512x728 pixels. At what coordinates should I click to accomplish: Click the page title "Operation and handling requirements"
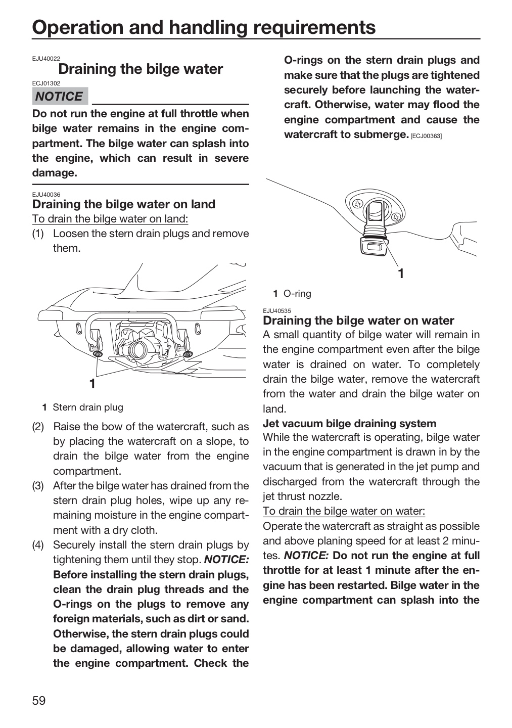click(204, 27)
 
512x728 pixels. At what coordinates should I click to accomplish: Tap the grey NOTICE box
click(60, 96)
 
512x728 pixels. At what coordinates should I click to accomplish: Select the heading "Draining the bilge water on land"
click(124, 204)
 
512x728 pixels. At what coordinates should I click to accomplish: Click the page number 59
click(39, 700)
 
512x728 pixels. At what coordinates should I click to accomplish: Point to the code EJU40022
click(46, 59)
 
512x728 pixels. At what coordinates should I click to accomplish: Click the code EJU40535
click(277, 311)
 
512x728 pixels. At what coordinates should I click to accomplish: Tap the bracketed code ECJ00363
click(426, 136)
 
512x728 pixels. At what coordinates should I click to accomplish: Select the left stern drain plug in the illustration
click(97, 353)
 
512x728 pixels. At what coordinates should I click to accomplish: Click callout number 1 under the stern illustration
click(92, 384)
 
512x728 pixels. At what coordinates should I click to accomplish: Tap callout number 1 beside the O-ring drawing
click(401, 274)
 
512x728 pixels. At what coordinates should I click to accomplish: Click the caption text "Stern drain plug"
click(88, 407)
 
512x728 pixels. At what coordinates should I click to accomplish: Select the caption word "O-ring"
click(297, 293)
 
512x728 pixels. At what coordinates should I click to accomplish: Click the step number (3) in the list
click(38, 486)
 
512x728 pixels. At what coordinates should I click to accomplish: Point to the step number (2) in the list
click(38, 427)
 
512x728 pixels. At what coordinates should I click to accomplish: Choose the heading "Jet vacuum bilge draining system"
click(350, 424)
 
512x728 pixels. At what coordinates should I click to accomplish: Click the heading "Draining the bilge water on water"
click(358, 321)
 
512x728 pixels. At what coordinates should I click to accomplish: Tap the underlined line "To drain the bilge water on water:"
click(344, 511)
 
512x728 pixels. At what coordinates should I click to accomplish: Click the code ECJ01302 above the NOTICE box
click(46, 83)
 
